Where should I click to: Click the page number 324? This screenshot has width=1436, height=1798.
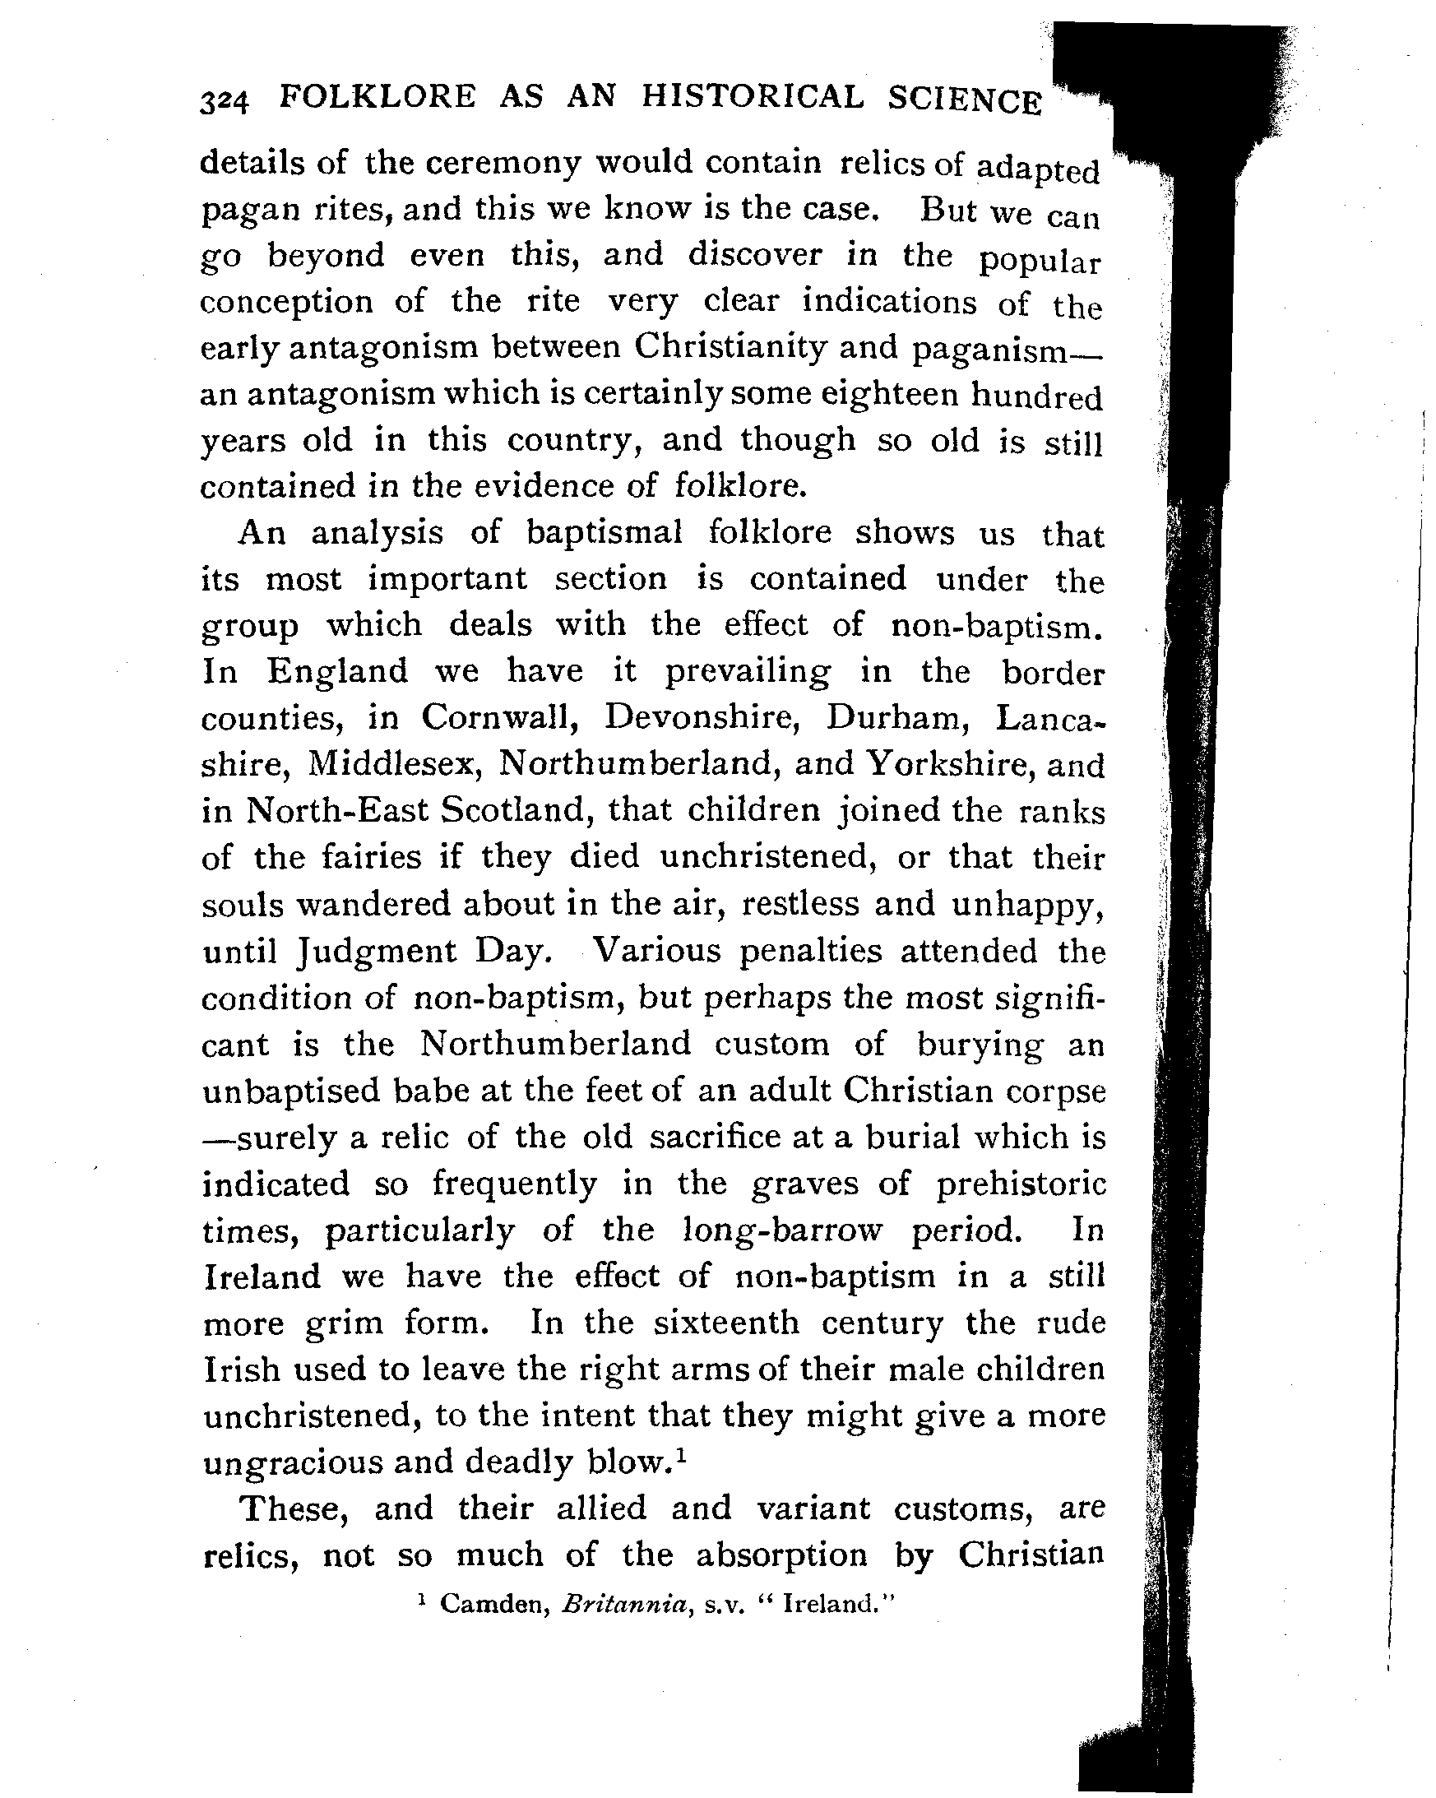tap(225, 103)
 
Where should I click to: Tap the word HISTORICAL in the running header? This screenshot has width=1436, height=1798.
tap(753, 98)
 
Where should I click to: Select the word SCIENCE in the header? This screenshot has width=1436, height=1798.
tap(965, 101)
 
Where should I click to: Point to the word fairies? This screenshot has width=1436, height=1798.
tap(338, 857)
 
